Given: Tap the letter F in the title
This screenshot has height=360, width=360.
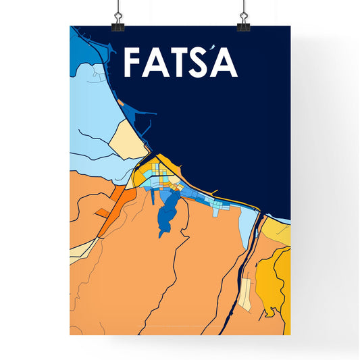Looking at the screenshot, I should pyautogui.click(x=133, y=63).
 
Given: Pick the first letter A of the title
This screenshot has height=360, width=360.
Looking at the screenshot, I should pyautogui.click(x=155, y=63).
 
